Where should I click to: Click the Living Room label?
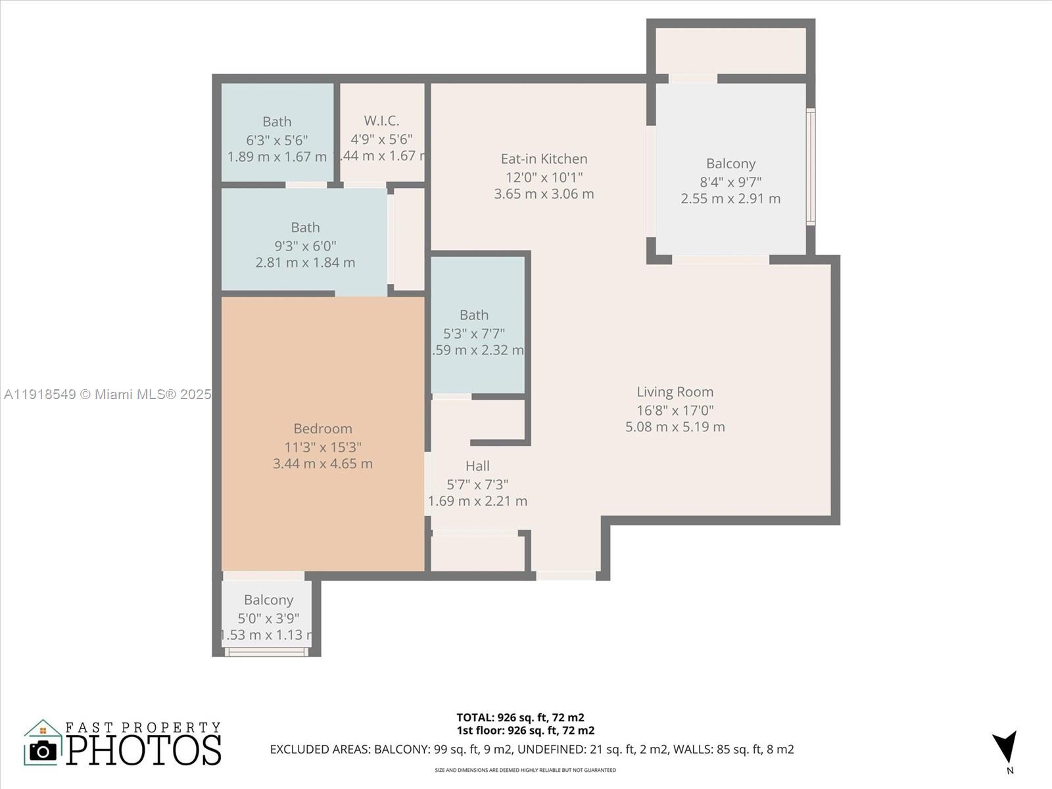click(x=675, y=392)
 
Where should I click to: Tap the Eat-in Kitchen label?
click(x=544, y=158)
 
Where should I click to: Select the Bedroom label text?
click(x=322, y=429)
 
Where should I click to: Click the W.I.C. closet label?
click(x=381, y=121)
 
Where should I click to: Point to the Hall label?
click(x=477, y=466)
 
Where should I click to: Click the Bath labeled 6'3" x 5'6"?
click(x=277, y=122)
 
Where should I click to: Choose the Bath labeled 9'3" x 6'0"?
click(x=305, y=227)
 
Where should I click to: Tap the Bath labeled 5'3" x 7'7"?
click(x=473, y=315)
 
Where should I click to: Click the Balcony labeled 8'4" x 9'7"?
click(x=730, y=164)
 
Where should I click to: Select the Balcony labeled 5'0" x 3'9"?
click(x=268, y=600)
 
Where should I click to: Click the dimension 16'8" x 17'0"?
click(x=675, y=410)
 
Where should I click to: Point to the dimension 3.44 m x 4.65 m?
click(x=322, y=464)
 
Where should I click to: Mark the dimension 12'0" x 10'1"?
click(x=544, y=177)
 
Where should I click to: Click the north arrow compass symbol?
click(x=1006, y=748)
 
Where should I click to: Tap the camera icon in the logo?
click(x=43, y=750)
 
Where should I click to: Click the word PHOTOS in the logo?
click(x=143, y=750)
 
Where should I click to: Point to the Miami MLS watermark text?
click(x=107, y=394)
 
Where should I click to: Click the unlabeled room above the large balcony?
click(x=730, y=50)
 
